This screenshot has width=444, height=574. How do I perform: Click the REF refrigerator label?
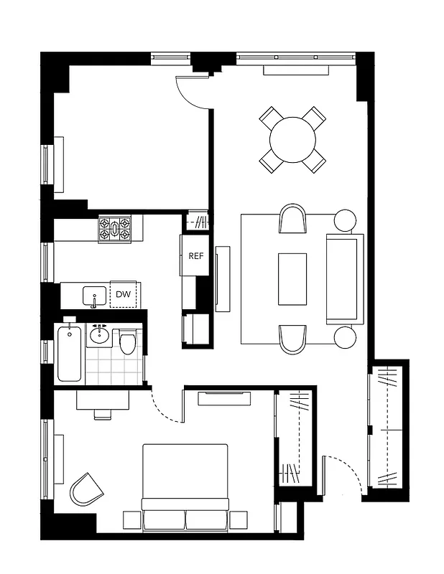coord(195,255)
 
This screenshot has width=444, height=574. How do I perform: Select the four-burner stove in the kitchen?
coord(115,230)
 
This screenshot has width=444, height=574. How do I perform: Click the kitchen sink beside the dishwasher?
coord(94,295)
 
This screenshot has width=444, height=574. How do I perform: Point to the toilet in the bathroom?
coord(128,342)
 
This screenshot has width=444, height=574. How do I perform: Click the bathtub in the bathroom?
coord(70,354)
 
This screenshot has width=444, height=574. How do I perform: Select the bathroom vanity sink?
coord(99,336)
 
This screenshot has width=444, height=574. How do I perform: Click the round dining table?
coord(292,139)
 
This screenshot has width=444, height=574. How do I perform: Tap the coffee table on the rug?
coord(292,278)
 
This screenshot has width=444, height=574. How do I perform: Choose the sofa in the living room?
coord(344,277)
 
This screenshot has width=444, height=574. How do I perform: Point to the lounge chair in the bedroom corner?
coord(86,489)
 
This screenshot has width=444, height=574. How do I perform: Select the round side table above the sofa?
coord(345,220)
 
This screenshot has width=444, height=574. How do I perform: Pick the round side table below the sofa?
coord(346,337)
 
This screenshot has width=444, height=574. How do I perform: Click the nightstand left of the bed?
coord(133,519)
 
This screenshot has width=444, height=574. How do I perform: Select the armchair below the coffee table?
coord(292,339)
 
